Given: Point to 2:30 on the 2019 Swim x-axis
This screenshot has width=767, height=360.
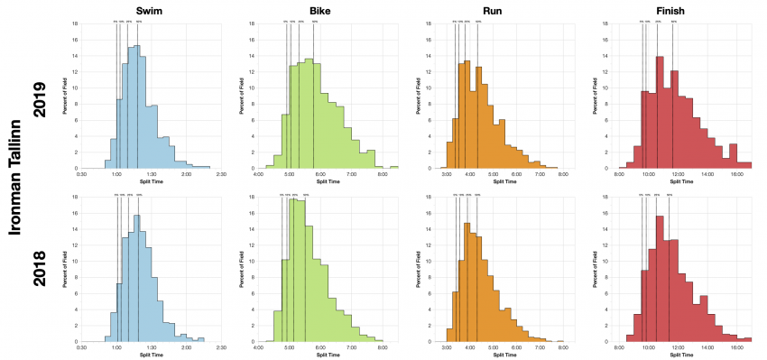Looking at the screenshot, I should (221, 173).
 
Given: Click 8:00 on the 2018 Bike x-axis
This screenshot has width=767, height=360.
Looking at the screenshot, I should (382, 346).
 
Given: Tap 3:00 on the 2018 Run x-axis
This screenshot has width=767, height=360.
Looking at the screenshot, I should (447, 346).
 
